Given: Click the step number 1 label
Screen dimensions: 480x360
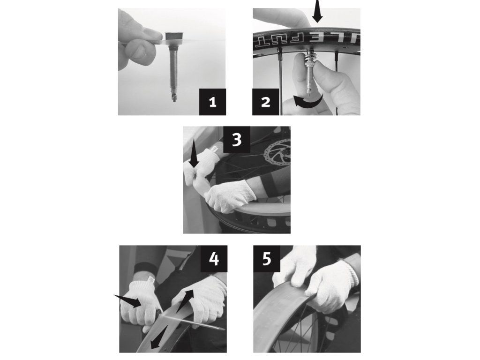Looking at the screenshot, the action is [212, 102].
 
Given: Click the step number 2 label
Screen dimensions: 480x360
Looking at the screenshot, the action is [266, 102].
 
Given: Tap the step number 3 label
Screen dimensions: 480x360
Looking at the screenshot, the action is [237, 140].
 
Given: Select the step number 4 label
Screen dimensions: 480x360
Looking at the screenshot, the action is [214, 259].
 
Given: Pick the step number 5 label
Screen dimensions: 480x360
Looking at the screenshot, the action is [267, 259].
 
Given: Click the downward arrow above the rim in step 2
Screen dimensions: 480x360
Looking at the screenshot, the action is [317, 11].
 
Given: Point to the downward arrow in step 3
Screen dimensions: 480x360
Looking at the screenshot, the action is [194, 156].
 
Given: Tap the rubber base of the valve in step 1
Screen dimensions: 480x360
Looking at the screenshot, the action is [173, 36].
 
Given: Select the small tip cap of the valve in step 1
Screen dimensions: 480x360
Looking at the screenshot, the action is [174, 98].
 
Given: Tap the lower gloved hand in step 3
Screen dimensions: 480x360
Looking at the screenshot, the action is [230, 196].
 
